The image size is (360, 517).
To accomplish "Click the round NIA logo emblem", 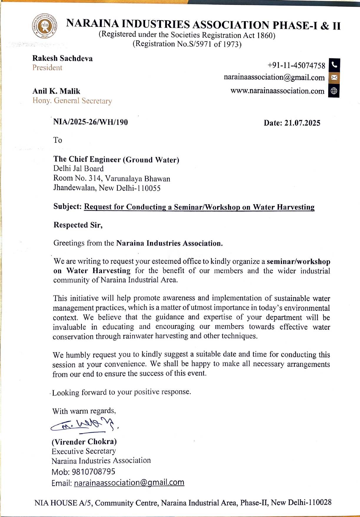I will coord(44,26).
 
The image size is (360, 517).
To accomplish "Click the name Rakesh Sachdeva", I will coord(62,58).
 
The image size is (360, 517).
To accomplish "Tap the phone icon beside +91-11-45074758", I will coord(334,65).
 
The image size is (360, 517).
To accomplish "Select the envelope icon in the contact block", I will coord(334,78).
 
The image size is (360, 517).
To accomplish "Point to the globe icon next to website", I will coord(334,91).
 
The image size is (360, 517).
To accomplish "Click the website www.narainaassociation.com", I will coord(277,91).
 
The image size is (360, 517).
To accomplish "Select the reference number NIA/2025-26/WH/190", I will coord(90,122).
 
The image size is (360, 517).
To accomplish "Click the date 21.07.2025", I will coord(302,123).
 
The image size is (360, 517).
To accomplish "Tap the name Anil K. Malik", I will coord(56,91).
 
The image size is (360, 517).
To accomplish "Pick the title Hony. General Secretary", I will coord(72,101).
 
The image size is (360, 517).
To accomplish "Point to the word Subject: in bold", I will coord(67,207).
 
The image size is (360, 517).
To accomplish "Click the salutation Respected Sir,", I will coord(78,225).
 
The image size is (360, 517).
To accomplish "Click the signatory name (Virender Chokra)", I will coord(84,442).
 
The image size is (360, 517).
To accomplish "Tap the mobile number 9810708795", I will coord(94,472).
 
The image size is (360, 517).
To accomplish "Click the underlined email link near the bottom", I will coord(129,483).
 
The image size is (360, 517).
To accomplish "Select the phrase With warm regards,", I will coord(84,411).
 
